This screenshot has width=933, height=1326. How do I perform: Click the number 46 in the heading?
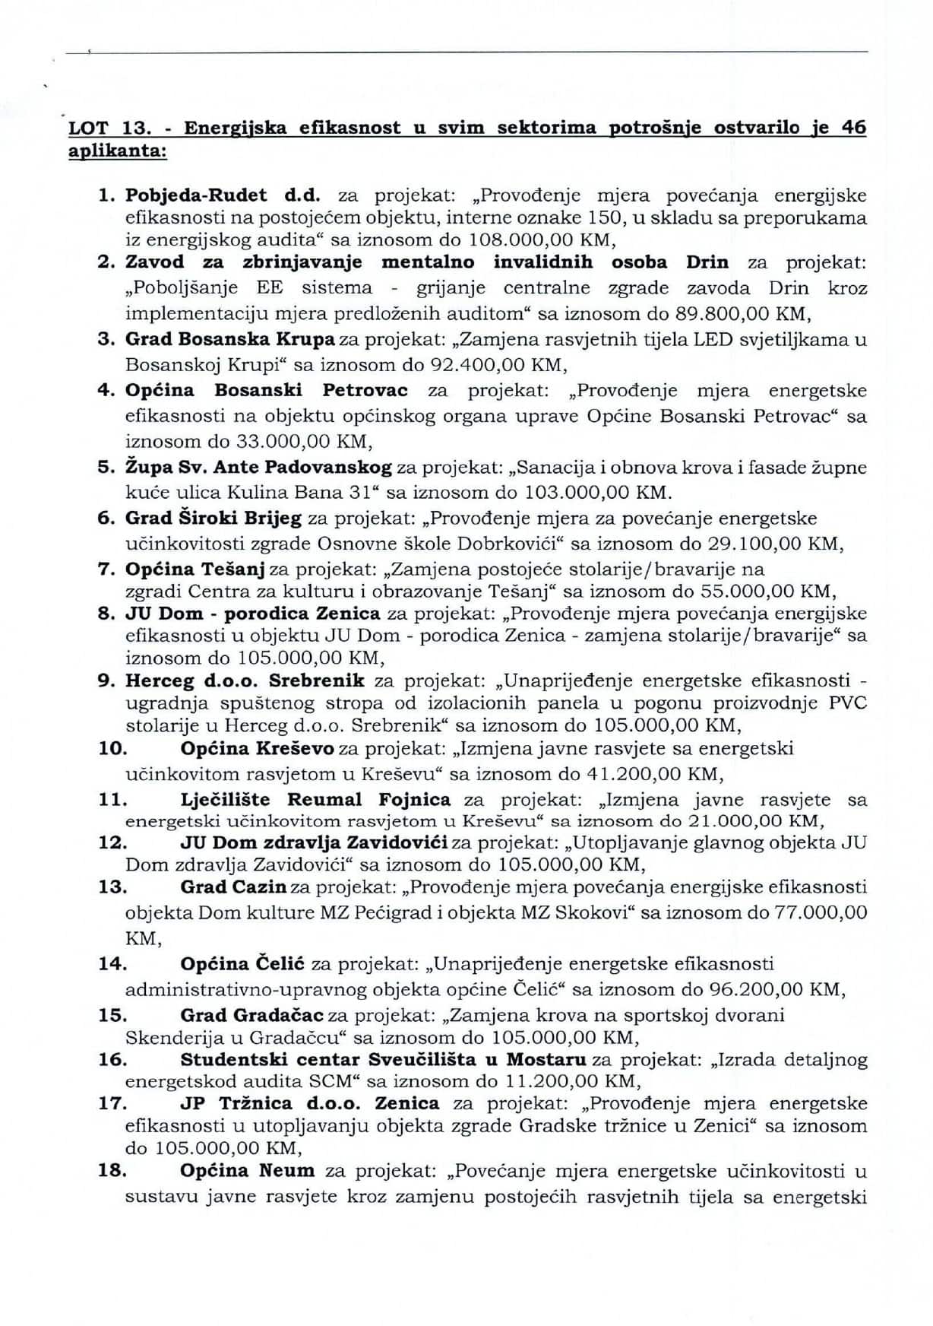[853, 128]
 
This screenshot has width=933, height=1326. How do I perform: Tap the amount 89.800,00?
[731, 312]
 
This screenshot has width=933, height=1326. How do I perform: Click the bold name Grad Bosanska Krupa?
[229, 339]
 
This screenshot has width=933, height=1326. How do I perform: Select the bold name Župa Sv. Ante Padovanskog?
[258, 467]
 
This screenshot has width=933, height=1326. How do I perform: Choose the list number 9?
[107, 680]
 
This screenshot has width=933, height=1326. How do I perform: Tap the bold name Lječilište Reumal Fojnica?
[315, 800]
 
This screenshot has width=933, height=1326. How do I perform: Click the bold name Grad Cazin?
[233, 887]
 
